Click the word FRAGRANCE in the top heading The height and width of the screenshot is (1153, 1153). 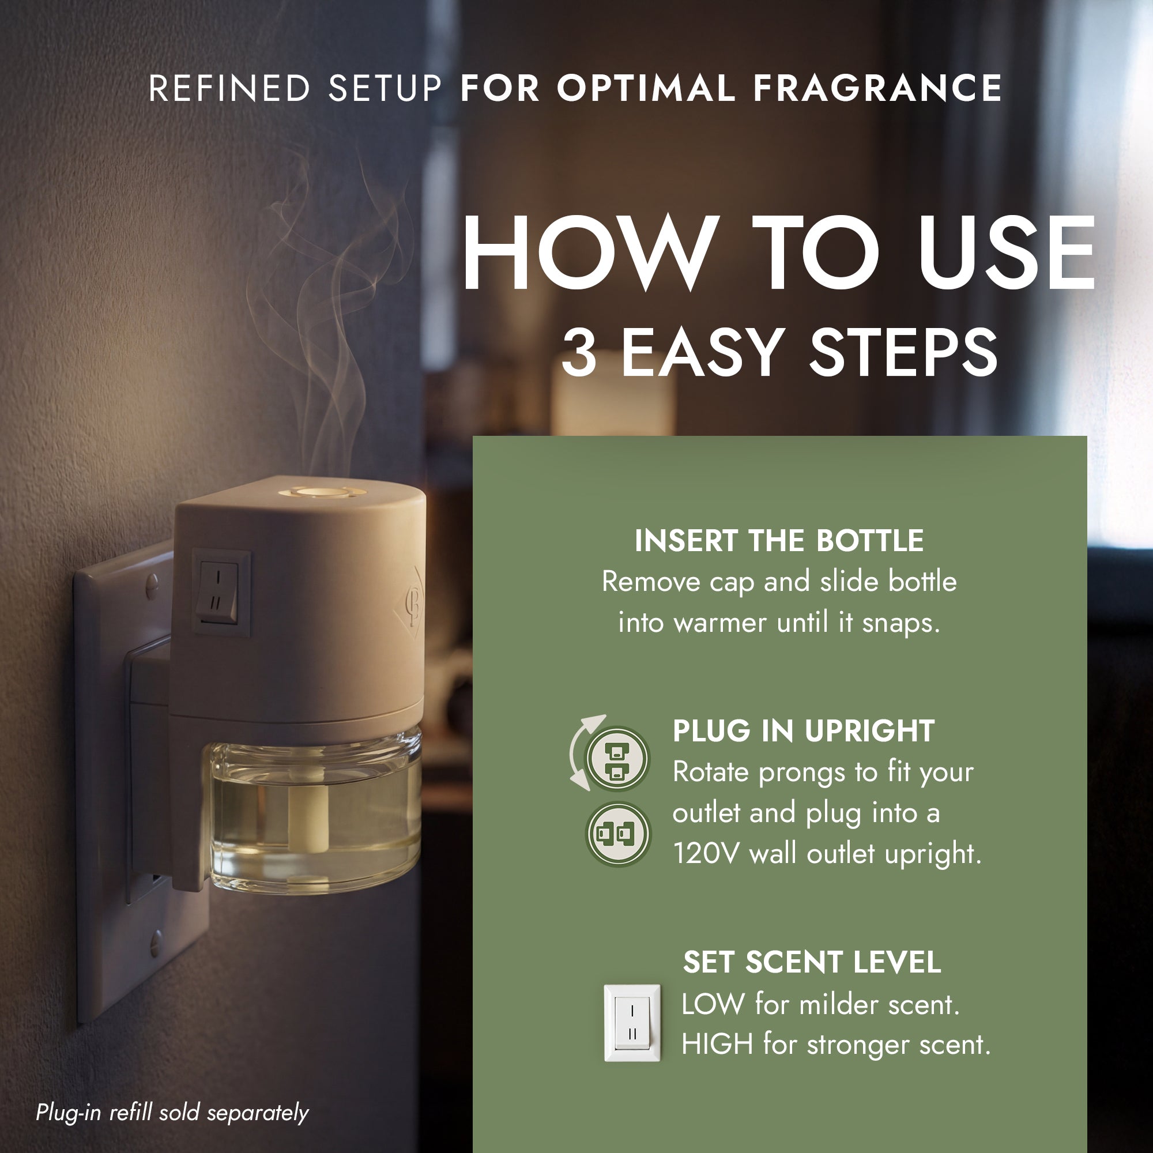(x=878, y=88)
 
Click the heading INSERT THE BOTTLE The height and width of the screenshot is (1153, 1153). (x=779, y=541)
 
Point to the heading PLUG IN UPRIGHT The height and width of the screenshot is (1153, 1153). (x=803, y=731)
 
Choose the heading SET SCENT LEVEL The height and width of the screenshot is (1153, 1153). (x=812, y=963)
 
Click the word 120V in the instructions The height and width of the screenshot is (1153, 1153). (x=706, y=853)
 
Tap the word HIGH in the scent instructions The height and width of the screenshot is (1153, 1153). (x=717, y=1045)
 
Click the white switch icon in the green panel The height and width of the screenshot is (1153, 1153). (x=632, y=1023)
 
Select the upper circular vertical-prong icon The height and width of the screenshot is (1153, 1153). (x=617, y=759)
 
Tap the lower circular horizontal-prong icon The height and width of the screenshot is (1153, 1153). (x=617, y=834)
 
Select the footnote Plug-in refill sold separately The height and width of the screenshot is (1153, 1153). (x=172, y=1113)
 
